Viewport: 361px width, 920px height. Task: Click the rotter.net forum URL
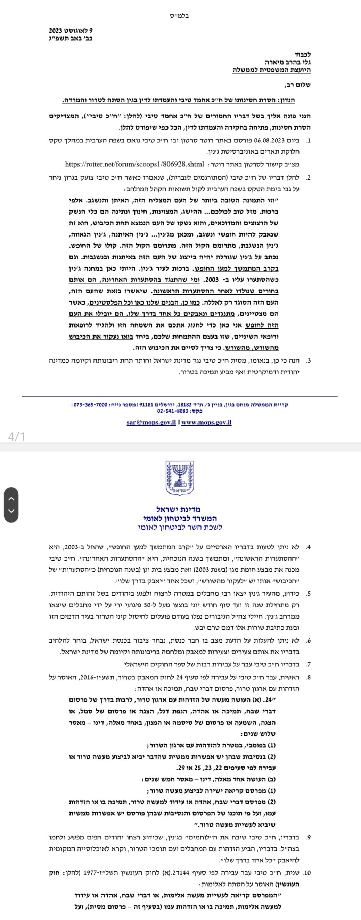(134, 164)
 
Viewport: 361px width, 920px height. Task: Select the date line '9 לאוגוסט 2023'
(71, 31)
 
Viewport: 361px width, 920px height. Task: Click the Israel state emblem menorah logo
(179, 478)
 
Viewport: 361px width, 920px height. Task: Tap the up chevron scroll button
(11, 499)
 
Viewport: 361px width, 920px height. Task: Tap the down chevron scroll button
(11, 511)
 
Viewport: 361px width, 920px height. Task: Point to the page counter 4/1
(16, 437)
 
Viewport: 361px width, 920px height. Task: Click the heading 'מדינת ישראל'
(178, 509)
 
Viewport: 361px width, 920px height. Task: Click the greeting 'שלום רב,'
(297, 85)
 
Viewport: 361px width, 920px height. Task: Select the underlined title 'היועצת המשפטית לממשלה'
(271, 71)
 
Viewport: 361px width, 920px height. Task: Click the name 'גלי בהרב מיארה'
(288, 63)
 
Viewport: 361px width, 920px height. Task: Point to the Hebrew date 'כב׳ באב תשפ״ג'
(71, 38)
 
